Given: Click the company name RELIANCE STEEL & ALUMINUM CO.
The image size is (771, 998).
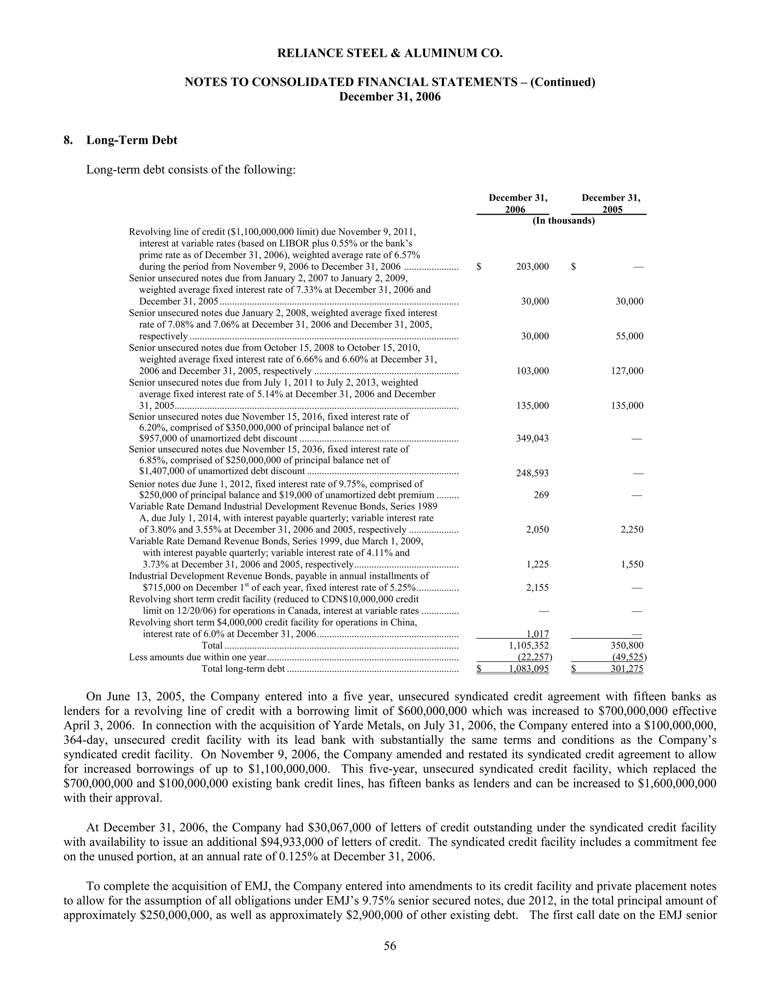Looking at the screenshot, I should (x=390, y=53).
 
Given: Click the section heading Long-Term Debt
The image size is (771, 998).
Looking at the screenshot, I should (x=131, y=140).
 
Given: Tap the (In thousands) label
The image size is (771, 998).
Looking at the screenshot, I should (x=564, y=221).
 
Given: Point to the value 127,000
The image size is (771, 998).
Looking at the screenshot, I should (x=627, y=371).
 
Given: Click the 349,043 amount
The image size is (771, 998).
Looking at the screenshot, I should (x=533, y=439).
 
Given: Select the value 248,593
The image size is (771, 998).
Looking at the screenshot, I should (x=533, y=473).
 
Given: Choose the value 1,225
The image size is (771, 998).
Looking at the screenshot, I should (x=538, y=565).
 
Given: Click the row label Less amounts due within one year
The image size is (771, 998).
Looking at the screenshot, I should (x=197, y=658).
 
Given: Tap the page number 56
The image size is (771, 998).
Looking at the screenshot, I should (x=390, y=946).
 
